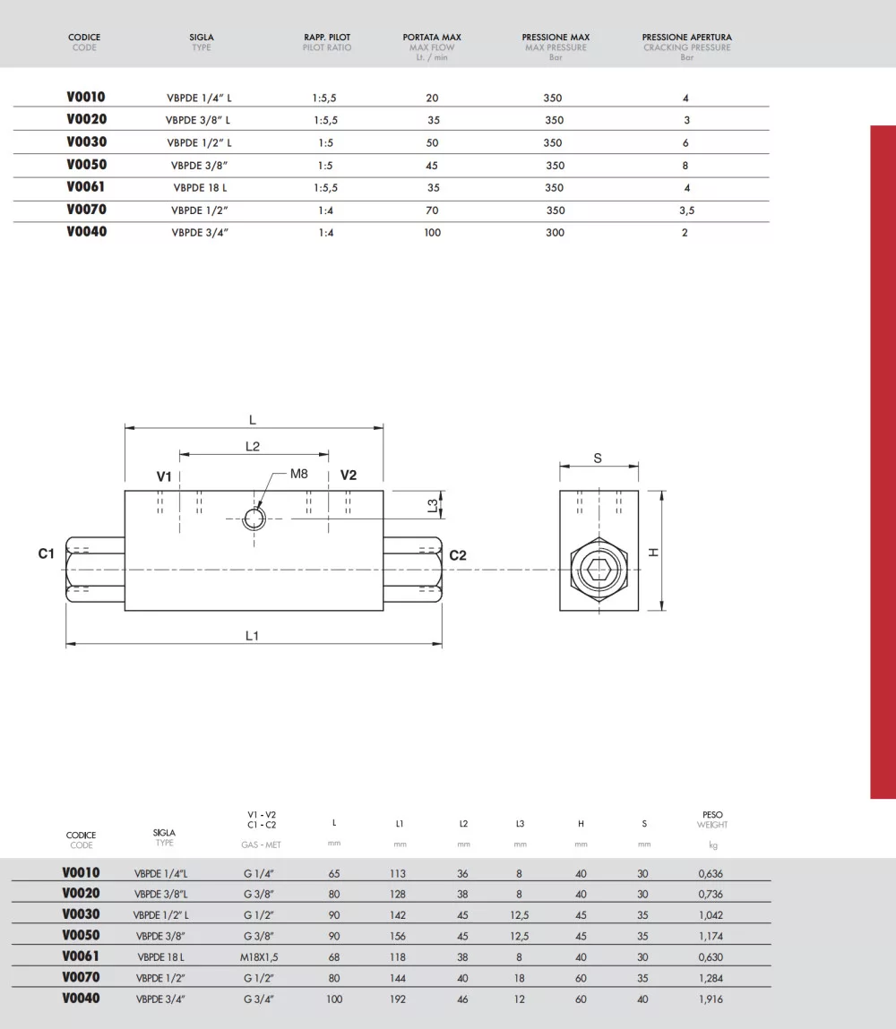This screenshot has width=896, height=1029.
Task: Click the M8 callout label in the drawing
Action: [x=298, y=474]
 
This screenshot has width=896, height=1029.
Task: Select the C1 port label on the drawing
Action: [x=46, y=553]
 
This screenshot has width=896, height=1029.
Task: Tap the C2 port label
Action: [x=458, y=555]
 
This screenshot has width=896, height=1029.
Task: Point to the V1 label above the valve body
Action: [x=164, y=476]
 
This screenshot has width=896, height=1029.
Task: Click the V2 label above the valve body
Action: [x=348, y=476]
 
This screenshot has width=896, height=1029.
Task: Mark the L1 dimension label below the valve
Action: [x=252, y=635]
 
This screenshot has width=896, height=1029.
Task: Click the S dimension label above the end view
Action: [x=598, y=458]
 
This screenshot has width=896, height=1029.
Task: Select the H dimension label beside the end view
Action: [x=654, y=553]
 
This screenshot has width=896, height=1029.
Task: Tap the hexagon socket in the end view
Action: [x=599, y=570]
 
